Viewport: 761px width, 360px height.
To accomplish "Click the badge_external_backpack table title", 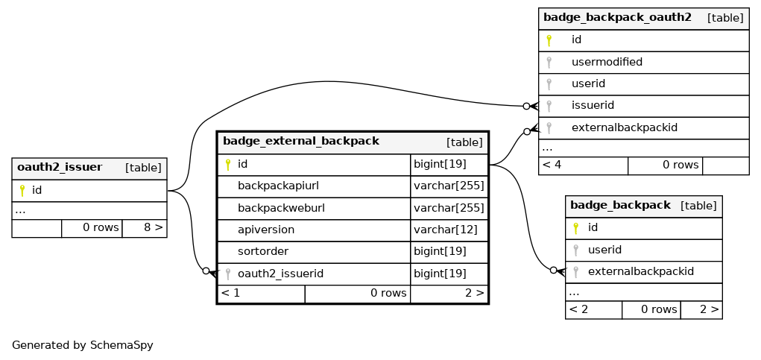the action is pos(301,141).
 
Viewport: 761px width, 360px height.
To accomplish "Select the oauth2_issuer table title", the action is pos(60,168).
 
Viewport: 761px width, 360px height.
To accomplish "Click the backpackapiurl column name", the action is pos(278,186).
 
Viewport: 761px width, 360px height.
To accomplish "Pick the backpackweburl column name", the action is pos(281,208).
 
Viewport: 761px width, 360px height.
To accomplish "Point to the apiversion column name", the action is pos(266,230).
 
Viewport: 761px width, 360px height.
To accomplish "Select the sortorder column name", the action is pos(263,251).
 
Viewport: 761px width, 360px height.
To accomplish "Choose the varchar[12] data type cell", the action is pos(446,230).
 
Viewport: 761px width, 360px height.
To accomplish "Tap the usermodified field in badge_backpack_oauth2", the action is pos(607,62).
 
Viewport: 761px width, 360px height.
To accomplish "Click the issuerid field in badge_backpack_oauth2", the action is pos(593,105).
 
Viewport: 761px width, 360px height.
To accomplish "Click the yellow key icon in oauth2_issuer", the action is pos(22,190).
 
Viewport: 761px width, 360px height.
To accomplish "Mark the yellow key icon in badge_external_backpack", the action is pos(227,165).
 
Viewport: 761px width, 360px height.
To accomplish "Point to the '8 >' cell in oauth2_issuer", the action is pos(153,227).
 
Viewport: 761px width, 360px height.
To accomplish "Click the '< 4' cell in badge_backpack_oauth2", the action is pos(552,165).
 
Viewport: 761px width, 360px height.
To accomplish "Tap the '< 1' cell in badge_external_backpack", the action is pos(230,293).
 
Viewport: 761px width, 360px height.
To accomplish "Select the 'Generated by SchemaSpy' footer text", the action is pos(83,345).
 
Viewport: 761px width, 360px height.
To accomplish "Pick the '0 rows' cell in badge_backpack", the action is pos(659,309).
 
